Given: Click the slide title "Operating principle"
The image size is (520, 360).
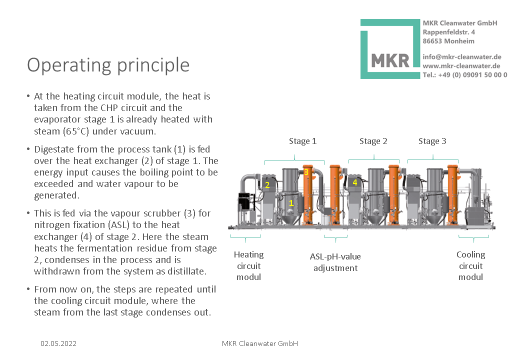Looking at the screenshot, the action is pyautogui.click(x=108, y=65).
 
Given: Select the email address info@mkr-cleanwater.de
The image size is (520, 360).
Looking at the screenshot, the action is pyautogui.click(x=461, y=57).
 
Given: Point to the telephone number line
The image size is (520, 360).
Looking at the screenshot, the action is pyautogui.click(x=464, y=74).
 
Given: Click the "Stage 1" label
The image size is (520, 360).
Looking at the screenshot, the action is pyautogui.click(x=302, y=141).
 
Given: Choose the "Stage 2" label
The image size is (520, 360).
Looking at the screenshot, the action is pyautogui.click(x=373, y=141).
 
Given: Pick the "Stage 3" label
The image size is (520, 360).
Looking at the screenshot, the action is pyautogui.click(x=432, y=141).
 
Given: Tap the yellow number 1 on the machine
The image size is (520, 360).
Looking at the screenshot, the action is pyautogui.click(x=291, y=203).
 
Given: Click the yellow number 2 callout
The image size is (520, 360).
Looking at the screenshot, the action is pyautogui.click(x=267, y=185).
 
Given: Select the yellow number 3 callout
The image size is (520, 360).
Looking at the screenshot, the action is pyautogui.click(x=306, y=172).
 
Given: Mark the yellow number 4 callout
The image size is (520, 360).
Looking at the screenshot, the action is pyautogui.click(x=355, y=182).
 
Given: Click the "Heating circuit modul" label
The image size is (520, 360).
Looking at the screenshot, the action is pyautogui.click(x=248, y=265).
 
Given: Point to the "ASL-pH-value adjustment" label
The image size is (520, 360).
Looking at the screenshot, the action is pyautogui.click(x=335, y=262).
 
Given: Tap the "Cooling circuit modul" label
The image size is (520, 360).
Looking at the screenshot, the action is pyautogui.click(x=470, y=265).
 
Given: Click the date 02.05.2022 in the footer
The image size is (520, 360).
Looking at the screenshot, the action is pyautogui.click(x=58, y=343).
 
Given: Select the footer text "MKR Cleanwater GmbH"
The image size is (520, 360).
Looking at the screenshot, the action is pyautogui.click(x=259, y=343).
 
